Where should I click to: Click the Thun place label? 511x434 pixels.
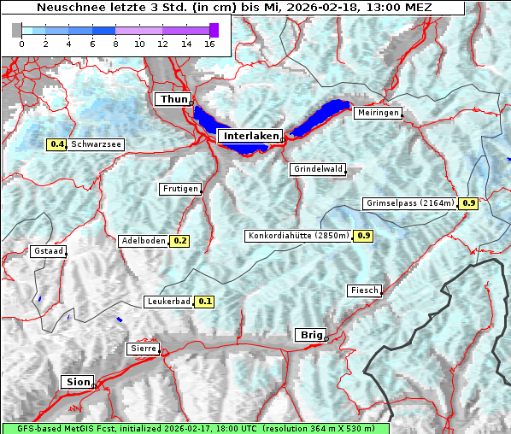click(x=173, y=100)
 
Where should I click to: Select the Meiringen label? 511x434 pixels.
click(x=378, y=113)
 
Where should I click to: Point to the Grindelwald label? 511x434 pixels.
click(x=318, y=169)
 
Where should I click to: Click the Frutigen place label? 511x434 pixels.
click(x=179, y=188)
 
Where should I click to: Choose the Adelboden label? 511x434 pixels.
click(x=143, y=241)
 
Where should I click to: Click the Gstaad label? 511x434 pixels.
click(x=48, y=251)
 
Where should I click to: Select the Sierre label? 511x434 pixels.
click(x=143, y=349)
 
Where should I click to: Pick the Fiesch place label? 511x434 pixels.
click(x=364, y=290)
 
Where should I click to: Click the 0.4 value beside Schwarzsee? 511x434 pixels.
click(x=57, y=144)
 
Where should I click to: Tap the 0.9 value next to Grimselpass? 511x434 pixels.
click(x=468, y=203)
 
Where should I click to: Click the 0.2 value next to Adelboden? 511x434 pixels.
click(x=180, y=241)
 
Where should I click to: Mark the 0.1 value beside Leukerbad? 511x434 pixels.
click(x=205, y=302)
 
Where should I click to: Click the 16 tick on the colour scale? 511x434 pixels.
click(x=209, y=44)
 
